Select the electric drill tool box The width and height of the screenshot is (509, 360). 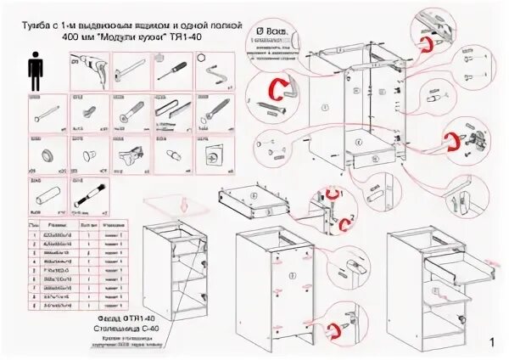tap(88, 70)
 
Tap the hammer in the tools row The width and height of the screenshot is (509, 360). tap(130, 70)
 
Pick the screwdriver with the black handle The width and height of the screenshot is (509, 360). tap(171, 70)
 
